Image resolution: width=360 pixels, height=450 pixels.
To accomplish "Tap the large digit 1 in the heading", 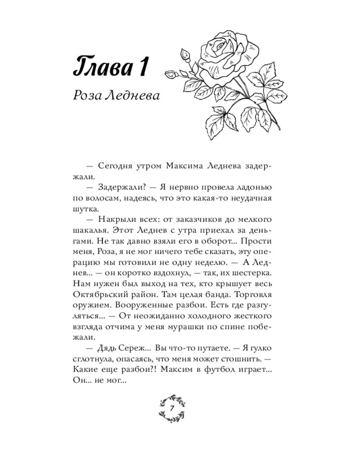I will pos(143,67).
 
